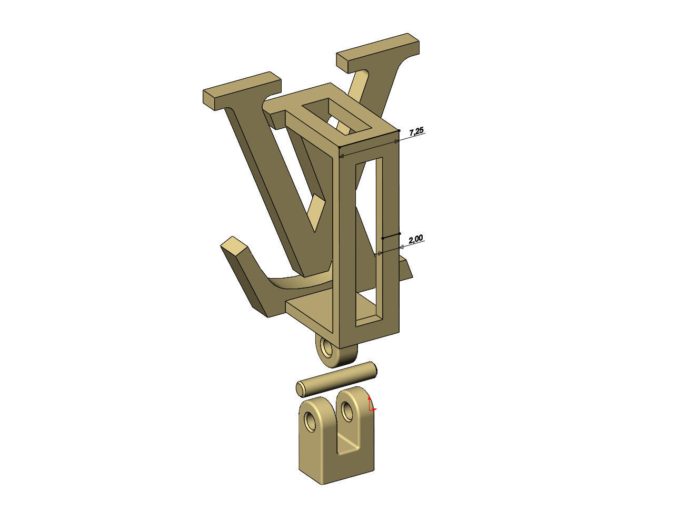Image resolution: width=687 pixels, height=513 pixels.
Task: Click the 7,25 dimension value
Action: click(416, 131)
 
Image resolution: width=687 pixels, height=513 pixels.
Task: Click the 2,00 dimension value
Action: click(415, 239)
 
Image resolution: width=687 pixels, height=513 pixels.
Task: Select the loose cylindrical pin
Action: click(337, 378)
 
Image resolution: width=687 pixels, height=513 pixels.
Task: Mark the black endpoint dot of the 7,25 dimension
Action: click(399, 130)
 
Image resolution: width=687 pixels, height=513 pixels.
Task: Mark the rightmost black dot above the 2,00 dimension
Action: click(400, 233)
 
